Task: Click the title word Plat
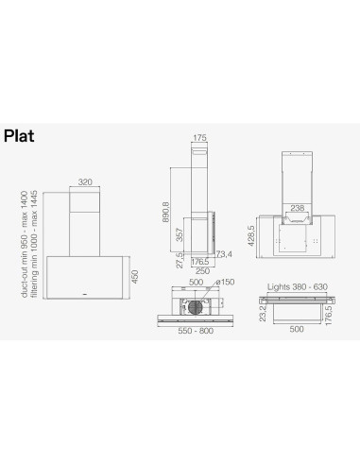point(20,135)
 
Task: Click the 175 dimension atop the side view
point(199,138)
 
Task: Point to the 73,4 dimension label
point(224,255)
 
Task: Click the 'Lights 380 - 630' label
point(297,284)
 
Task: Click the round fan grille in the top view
point(198,307)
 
